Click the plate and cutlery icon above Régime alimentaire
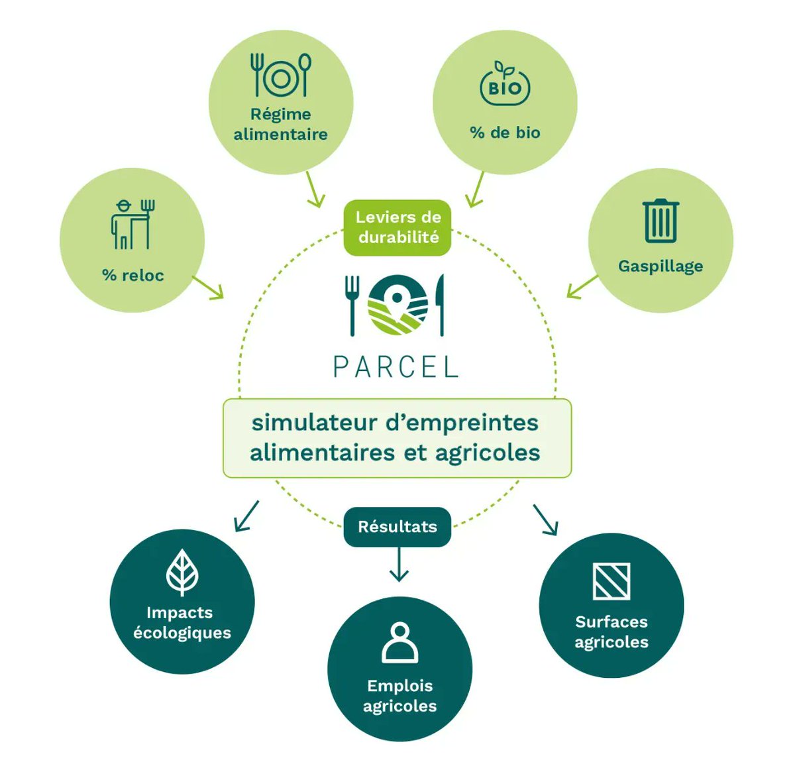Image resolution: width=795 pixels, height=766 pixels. (x=280, y=76)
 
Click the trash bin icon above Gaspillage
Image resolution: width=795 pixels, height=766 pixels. (x=661, y=221)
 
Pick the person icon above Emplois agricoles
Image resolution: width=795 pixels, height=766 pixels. (x=399, y=642)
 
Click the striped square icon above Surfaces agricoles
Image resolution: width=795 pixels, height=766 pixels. (x=611, y=581)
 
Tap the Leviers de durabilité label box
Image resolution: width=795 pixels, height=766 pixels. (x=397, y=227)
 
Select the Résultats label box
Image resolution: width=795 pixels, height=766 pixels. (x=397, y=527)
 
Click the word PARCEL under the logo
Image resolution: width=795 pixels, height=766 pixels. (x=396, y=366)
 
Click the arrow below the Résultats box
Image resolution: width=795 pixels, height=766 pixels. (x=398, y=565)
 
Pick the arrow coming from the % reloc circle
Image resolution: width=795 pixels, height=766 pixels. (x=209, y=288)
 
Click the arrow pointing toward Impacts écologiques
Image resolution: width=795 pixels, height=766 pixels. (x=246, y=516)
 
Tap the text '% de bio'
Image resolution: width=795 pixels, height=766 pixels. (x=505, y=133)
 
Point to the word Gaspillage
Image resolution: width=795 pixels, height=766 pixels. (x=661, y=266)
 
